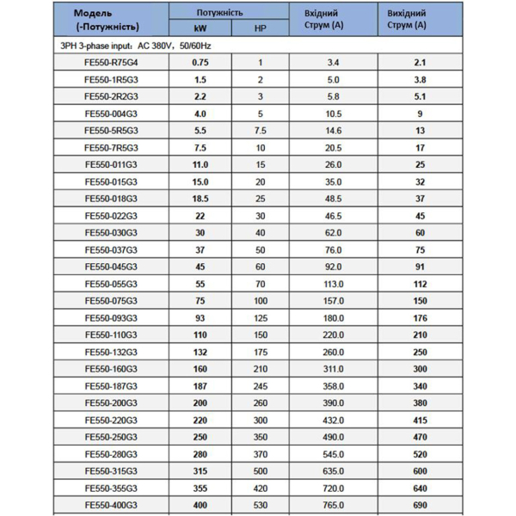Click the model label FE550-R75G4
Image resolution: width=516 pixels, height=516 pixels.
(111, 62)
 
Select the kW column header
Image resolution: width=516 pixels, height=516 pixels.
(200, 29)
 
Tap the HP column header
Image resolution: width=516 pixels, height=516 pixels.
(261, 29)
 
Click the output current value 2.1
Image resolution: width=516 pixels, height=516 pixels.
(421, 62)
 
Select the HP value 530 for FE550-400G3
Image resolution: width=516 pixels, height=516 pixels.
(260, 504)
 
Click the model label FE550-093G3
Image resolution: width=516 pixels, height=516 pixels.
(111, 317)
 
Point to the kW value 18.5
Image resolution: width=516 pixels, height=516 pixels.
(200, 198)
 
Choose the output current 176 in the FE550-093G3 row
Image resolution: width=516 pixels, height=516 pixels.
(421, 317)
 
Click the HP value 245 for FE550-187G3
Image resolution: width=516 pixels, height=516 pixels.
(260, 385)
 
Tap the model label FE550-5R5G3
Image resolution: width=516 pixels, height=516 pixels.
(111, 130)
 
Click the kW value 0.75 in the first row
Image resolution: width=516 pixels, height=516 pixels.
(200, 62)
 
